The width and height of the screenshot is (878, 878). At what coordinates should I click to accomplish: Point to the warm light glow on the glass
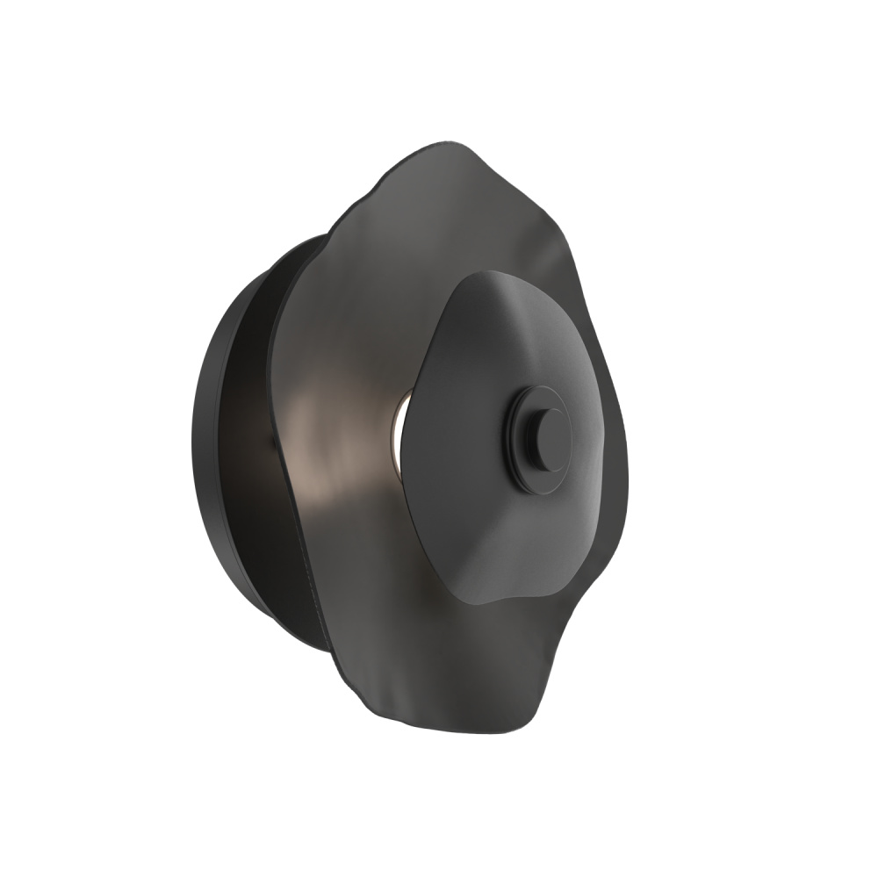coord(325,448)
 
